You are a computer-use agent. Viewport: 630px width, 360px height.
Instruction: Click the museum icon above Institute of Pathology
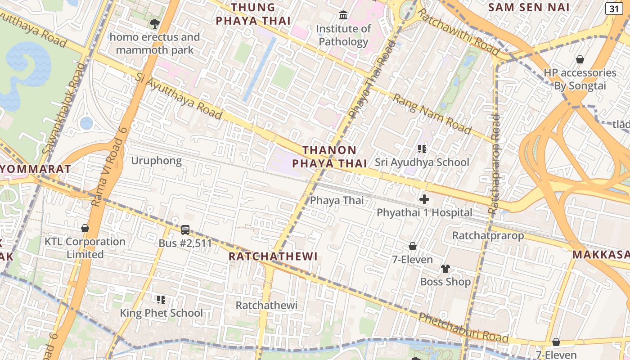(344, 16)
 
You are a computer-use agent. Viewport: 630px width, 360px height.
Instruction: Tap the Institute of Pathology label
(343, 35)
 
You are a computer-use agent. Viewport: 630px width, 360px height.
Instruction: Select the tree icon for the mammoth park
(155, 24)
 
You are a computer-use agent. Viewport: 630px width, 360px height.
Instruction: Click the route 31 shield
(614, 8)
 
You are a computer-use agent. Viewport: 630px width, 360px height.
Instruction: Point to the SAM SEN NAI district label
(529, 7)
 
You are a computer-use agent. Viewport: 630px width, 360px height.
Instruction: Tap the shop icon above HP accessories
(580, 59)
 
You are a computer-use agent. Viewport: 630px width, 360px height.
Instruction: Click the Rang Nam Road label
(432, 114)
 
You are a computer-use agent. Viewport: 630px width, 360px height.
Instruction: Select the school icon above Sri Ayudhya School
(422, 148)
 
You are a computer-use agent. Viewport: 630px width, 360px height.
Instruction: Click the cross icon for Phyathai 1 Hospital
(424, 199)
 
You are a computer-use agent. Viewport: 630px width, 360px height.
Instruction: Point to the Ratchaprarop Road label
(494, 164)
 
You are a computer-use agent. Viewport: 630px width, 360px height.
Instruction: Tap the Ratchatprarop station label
(488, 235)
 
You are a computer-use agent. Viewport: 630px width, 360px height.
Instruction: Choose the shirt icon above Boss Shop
(445, 269)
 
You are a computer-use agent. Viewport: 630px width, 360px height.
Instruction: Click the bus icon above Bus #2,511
(185, 230)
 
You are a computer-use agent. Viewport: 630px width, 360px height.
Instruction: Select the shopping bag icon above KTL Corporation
(85, 228)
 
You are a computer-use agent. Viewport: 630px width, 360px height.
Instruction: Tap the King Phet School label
(161, 313)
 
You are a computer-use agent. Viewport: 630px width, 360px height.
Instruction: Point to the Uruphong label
(156, 161)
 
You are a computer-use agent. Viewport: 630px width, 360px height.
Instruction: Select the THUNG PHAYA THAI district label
(253, 14)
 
